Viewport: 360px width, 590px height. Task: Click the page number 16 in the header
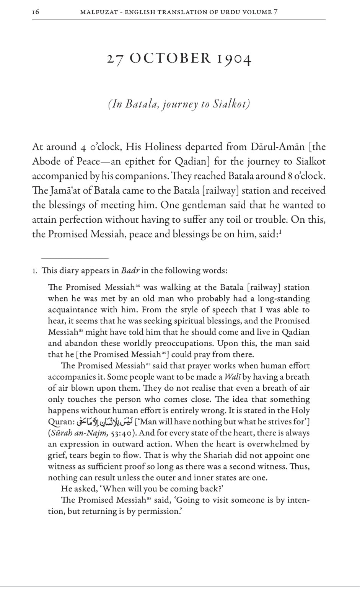[x=36, y=12]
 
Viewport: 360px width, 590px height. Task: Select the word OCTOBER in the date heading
[x=170, y=59]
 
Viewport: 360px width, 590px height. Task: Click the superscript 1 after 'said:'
[x=280, y=231]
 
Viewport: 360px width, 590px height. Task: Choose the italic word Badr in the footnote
[x=130, y=271]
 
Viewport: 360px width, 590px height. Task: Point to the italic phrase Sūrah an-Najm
[x=80, y=433]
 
